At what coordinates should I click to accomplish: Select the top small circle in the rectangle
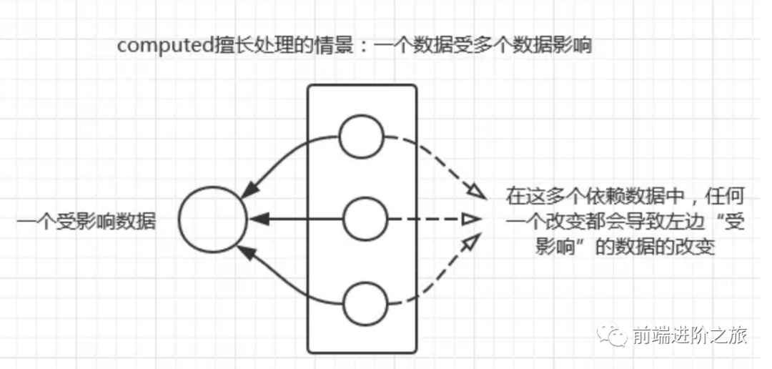coord(361,136)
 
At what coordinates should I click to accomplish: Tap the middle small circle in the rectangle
coord(364,218)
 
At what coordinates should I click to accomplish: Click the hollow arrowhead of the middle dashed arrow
coord(470,218)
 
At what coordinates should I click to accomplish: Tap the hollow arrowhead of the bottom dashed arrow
coord(471,245)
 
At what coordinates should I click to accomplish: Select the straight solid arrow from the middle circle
coord(297,218)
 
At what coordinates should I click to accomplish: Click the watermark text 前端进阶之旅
coord(690,335)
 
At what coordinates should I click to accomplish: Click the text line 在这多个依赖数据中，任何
coord(612,195)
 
